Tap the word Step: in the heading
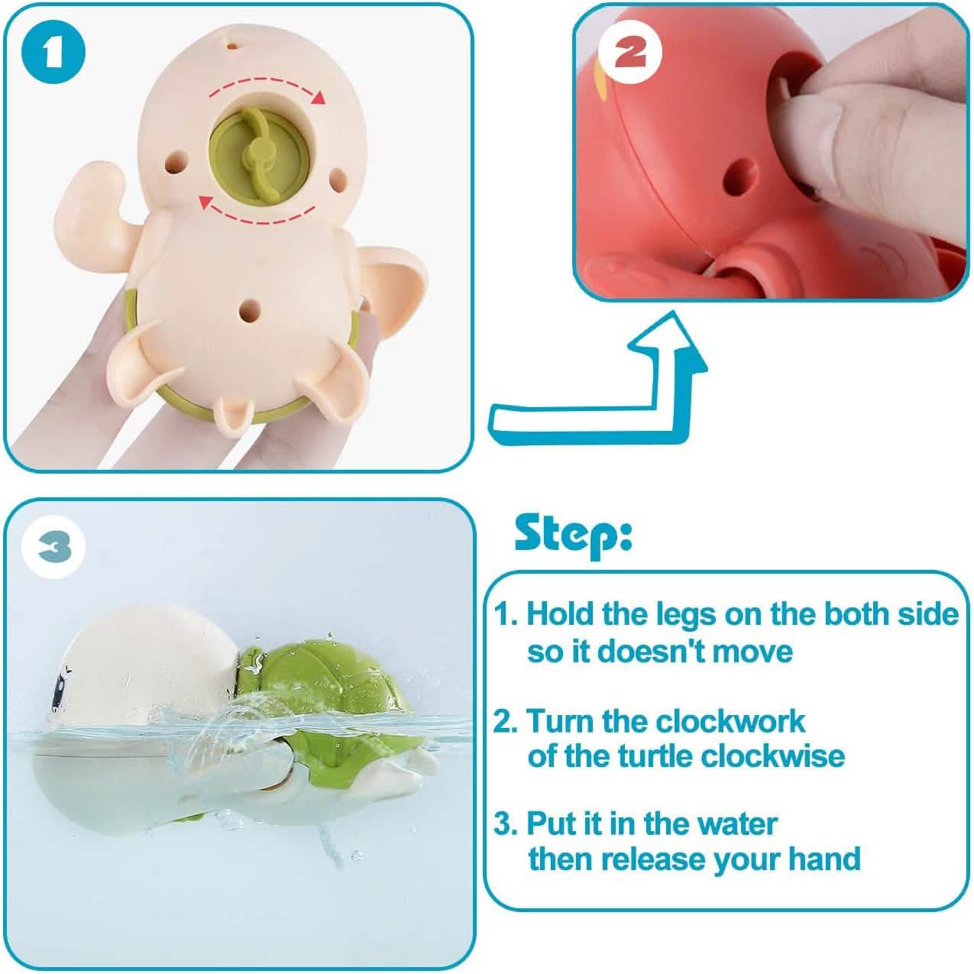coord(573,535)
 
